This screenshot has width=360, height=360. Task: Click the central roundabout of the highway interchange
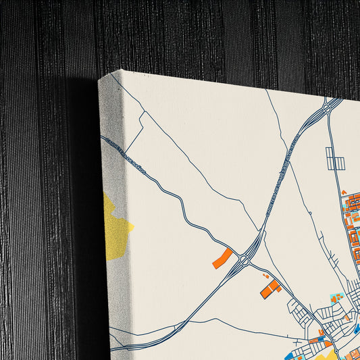coord(244,257)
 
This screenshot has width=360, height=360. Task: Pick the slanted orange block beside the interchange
coord(222,258)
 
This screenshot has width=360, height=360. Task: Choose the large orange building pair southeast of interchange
coord(270,289)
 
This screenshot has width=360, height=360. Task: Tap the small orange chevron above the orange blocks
coord(344,194)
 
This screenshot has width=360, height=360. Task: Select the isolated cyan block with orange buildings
coord(336,297)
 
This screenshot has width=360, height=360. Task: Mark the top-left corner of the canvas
coord(99,80)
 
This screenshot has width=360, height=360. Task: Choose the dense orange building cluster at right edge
coord(353,223)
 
